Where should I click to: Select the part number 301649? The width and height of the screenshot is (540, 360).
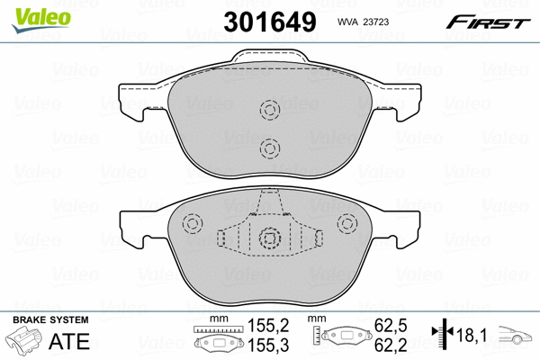270,22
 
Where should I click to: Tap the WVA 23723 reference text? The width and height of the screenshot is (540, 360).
363,22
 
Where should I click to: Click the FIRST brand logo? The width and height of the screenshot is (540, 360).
488,22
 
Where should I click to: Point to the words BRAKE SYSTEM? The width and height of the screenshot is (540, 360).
50,319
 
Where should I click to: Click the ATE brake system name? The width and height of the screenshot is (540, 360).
69,341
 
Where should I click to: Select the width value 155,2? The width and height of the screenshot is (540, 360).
268,325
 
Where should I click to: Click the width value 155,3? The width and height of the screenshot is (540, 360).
268,345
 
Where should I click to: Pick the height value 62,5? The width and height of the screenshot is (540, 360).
391,325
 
